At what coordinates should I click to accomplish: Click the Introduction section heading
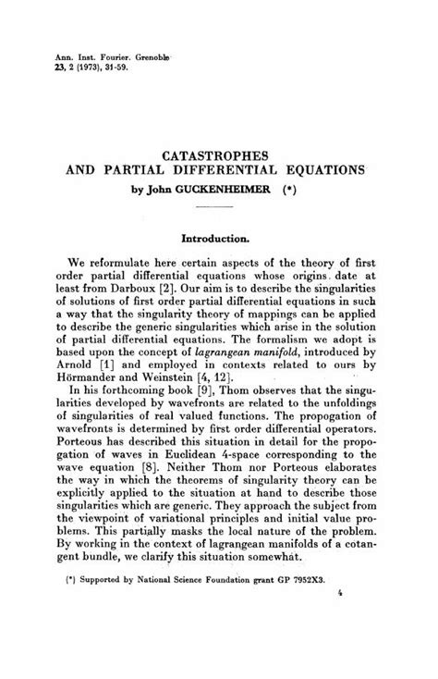tap(218, 238)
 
